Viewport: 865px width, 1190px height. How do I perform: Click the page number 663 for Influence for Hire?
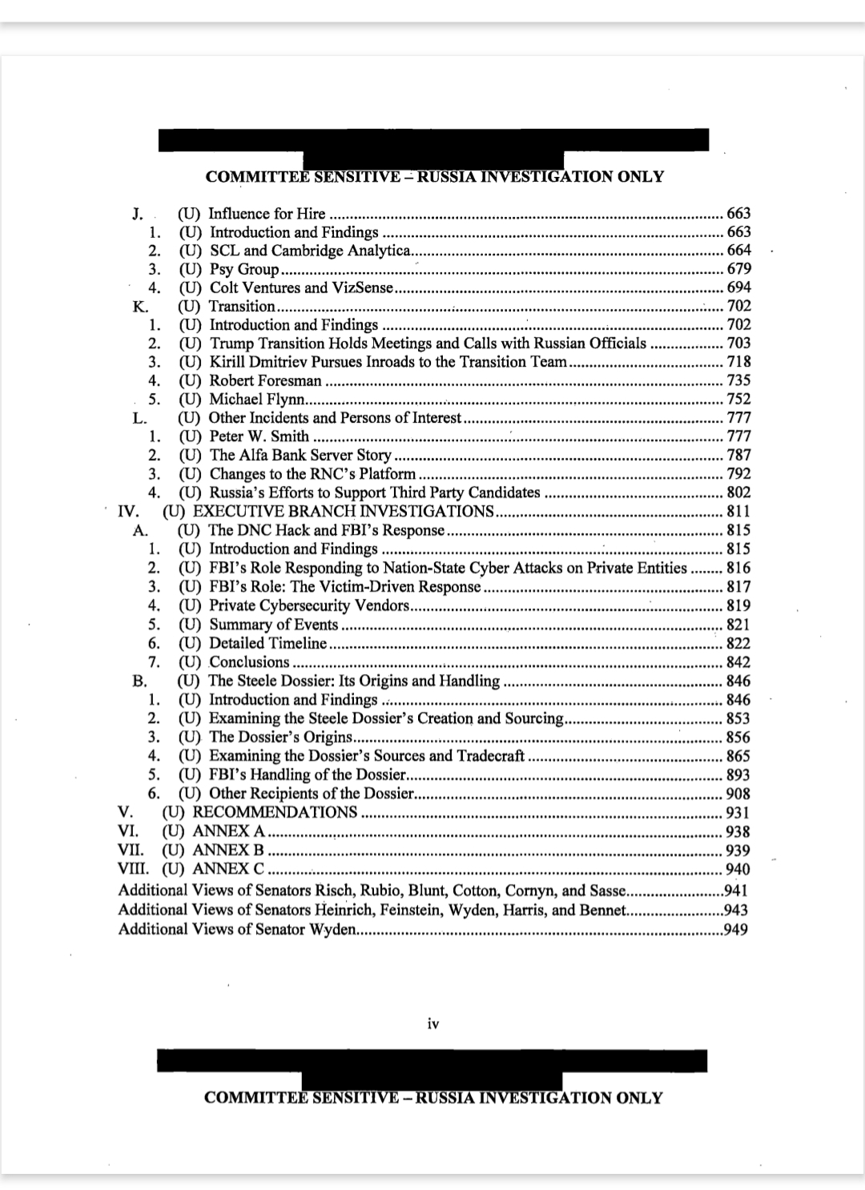(x=738, y=213)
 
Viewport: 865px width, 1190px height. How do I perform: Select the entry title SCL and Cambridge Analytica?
(x=310, y=251)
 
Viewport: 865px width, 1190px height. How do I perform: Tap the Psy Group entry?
(x=243, y=269)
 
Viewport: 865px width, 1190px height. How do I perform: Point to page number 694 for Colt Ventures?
(x=738, y=287)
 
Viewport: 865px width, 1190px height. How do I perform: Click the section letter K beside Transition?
(x=139, y=306)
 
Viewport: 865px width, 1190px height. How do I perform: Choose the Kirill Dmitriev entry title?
(x=388, y=362)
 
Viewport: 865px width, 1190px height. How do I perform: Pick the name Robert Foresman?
(x=265, y=380)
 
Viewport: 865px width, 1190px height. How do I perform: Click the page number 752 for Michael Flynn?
(x=738, y=399)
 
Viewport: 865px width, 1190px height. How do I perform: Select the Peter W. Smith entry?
(x=259, y=436)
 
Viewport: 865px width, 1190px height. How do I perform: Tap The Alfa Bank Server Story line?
(x=300, y=455)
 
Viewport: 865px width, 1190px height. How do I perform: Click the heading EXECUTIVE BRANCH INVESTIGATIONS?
(x=344, y=511)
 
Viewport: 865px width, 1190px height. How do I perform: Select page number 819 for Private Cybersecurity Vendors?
(x=738, y=605)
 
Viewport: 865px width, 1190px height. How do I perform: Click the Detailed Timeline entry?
(x=268, y=643)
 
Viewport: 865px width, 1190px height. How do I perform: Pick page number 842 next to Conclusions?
(x=738, y=662)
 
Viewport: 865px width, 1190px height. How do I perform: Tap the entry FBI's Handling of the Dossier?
(x=308, y=774)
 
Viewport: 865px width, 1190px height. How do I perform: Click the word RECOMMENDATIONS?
(x=275, y=812)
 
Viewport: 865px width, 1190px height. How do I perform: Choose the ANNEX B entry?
(x=228, y=850)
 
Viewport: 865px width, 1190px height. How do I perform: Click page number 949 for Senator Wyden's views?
(x=735, y=929)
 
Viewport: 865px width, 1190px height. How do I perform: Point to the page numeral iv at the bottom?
(x=432, y=1023)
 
